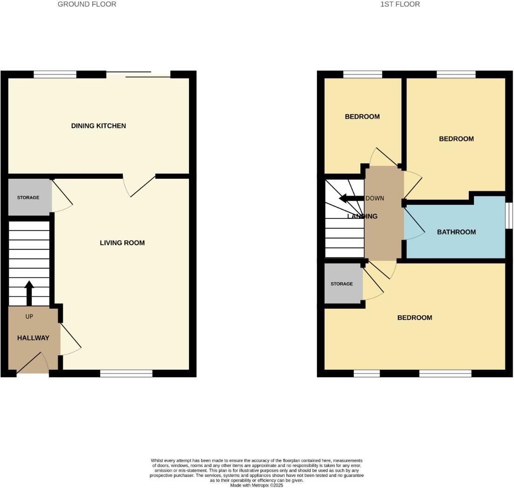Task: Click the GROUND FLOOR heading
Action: [87, 4]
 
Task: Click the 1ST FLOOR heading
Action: [400, 4]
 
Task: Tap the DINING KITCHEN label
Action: [98, 126]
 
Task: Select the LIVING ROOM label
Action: [122, 243]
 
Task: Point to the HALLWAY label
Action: [33, 338]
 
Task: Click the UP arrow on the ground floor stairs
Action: [29, 293]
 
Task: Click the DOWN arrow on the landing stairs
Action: [352, 198]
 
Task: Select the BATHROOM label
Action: [456, 232]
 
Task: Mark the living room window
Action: [126, 373]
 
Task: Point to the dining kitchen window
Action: [55, 75]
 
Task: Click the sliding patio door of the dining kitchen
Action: [138, 75]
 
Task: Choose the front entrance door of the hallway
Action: [33, 363]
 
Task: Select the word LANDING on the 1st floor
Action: [362, 216]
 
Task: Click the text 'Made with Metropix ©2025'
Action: [257, 485]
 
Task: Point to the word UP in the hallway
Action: [29, 317]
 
